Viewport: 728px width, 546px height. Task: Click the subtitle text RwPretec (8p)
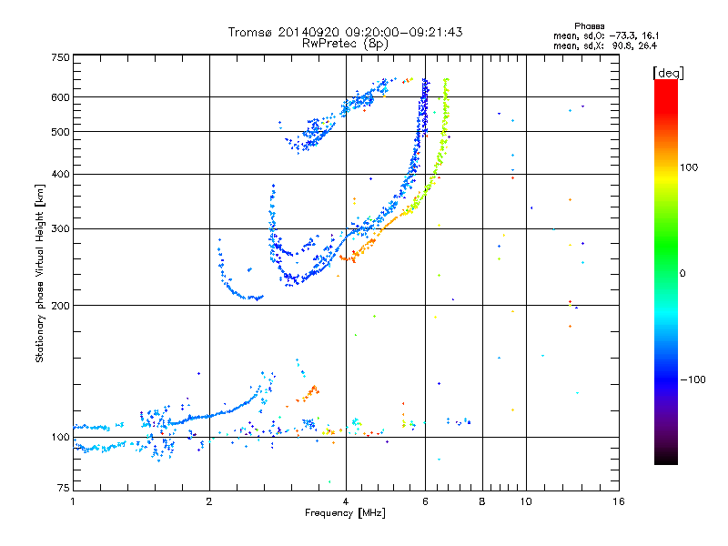pyautogui.click(x=345, y=44)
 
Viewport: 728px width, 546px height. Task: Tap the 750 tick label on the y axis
pyautogui.click(x=60, y=57)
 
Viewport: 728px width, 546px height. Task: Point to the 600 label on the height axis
pyautogui.click(x=60, y=97)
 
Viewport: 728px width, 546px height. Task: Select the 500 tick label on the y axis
pyautogui.click(x=60, y=132)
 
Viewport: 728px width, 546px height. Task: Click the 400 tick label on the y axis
pyautogui.click(x=60, y=174)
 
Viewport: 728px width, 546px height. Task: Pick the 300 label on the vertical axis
pyautogui.click(x=60, y=228)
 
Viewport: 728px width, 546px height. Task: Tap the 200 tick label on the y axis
pyautogui.click(x=60, y=306)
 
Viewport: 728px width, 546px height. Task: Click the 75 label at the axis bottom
pyautogui.click(x=64, y=488)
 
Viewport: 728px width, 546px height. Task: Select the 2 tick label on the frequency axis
pyautogui.click(x=209, y=501)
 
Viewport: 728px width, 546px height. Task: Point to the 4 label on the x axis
pyautogui.click(x=346, y=501)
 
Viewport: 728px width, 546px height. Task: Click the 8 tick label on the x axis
pyautogui.click(x=482, y=501)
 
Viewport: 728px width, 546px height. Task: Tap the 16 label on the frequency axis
pyautogui.click(x=619, y=501)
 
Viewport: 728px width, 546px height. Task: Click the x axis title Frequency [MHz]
pyautogui.click(x=345, y=513)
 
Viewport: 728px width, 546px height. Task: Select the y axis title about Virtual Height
pyautogui.click(x=39, y=273)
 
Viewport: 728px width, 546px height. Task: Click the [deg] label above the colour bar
pyautogui.click(x=668, y=73)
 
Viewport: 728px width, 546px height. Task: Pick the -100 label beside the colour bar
pyautogui.click(x=693, y=379)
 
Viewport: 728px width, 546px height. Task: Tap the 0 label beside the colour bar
pyautogui.click(x=682, y=274)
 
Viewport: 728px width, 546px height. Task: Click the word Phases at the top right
pyautogui.click(x=589, y=26)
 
